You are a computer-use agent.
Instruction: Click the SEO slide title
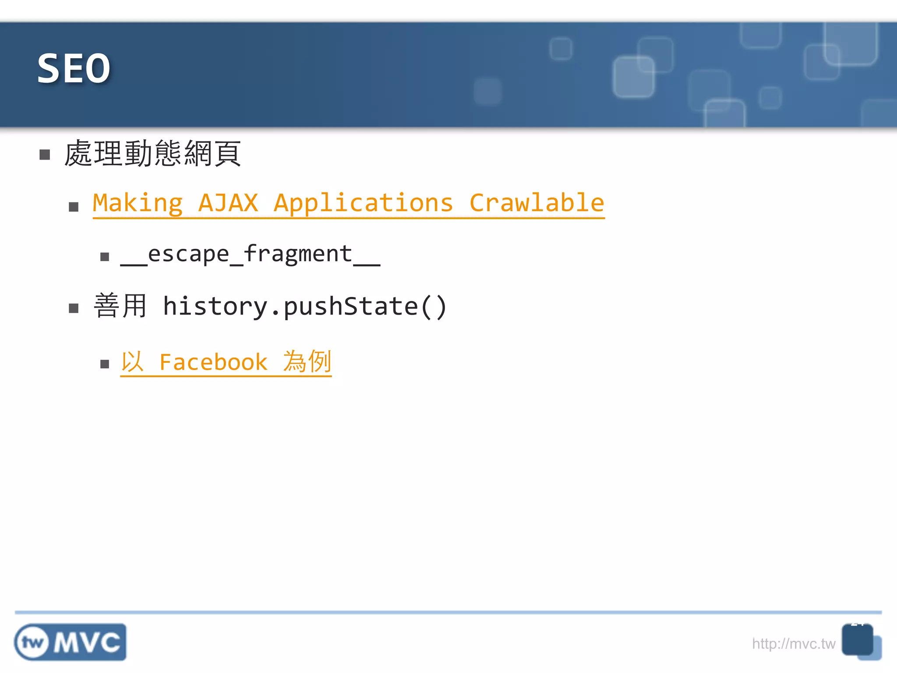tap(74, 68)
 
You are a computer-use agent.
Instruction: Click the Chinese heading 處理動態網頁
tap(152, 153)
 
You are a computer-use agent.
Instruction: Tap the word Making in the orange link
tap(138, 203)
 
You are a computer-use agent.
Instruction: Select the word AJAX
tap(228, 203)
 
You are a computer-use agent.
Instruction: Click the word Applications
tap(363, 203)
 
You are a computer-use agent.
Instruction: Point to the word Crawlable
tap(537, 203)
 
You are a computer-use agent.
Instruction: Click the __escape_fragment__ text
tap(250, 255)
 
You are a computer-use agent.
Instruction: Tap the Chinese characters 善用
tap(120, 305)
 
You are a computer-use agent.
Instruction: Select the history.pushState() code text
tap(304, 306)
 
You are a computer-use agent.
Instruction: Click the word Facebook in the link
tap(213, 362)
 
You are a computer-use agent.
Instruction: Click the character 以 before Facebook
tap(132, 362)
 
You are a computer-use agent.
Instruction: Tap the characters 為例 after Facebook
tap(307, 362)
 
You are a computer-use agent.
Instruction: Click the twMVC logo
tap(70, 642)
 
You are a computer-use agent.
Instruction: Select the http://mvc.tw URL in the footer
tap(793, 644)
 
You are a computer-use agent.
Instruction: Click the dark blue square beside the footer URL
tap(857, 640)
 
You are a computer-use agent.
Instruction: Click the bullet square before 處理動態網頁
tap(45, 155)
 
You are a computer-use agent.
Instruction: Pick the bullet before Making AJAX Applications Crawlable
tap(74, 207)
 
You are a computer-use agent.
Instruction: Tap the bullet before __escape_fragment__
tap(104, 257)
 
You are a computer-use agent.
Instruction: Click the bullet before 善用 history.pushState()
tap(74, 308)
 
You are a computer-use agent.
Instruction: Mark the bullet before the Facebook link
tap(104, 364)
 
